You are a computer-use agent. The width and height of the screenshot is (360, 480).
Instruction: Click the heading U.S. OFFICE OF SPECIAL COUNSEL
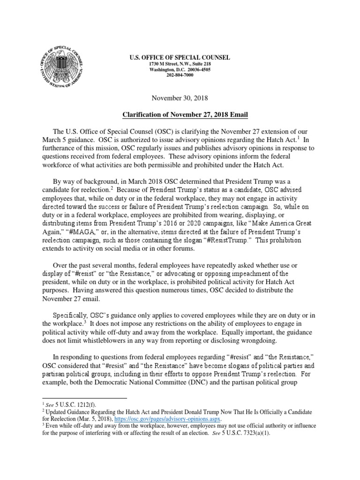click(x=180, y=57)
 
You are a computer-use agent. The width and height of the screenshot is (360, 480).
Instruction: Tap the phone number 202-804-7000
click(x=180, y=75)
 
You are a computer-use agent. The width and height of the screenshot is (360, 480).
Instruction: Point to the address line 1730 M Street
click(x=180, y=63)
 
